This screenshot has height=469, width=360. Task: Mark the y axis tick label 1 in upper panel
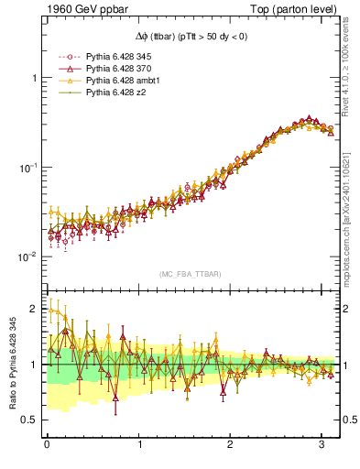point(34,79)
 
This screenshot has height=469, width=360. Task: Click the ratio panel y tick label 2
point(34,310)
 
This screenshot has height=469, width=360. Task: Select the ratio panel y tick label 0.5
point(29,420)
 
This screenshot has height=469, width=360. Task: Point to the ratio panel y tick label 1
point(34,365)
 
